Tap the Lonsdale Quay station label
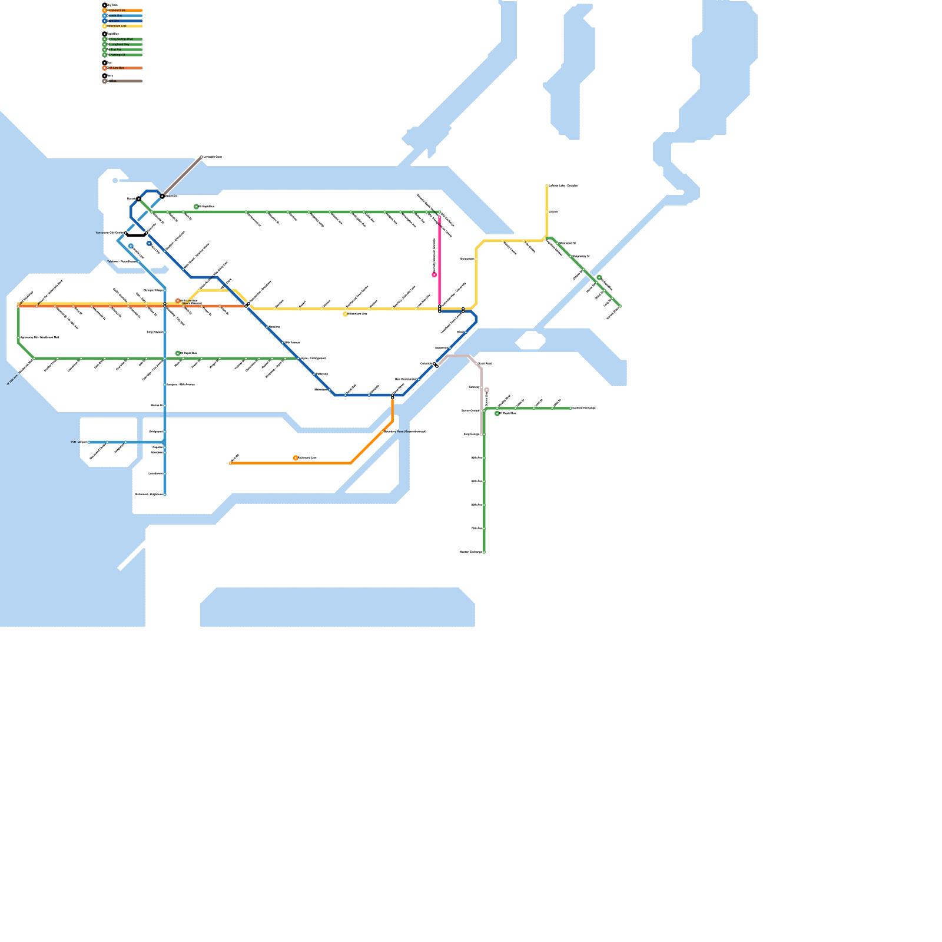[x=213, y=157]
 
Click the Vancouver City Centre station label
[x=110, y=233]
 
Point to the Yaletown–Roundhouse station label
[x=122, y=261]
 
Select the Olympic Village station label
[x=153, y=290]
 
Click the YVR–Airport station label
[x=79, y=442]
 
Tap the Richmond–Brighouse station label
[x=148, y=494]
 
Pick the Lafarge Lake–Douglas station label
[x=563, y=185]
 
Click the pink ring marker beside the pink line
[x=434, y=275]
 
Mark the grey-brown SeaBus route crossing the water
[x=183, y=175]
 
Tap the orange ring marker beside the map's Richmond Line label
[x=296, y=458]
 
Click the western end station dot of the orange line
[x=230, y=463]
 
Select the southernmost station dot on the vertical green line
[x=484, y=552]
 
